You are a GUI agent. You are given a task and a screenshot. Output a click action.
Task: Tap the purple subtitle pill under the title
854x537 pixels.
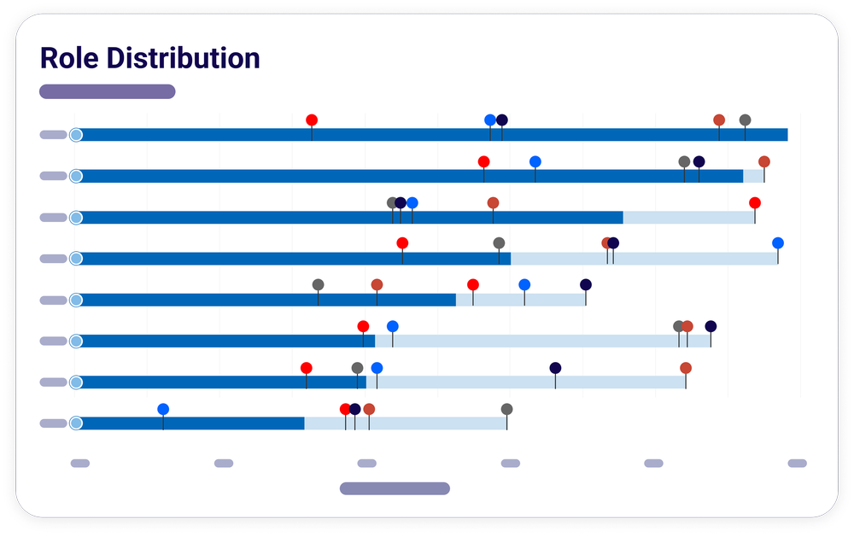[x=107, y=91]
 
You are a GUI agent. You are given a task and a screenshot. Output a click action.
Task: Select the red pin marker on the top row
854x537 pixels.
[x=312, y=120]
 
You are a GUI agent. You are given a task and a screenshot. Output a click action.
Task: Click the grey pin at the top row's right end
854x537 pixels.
[x=745, y=120]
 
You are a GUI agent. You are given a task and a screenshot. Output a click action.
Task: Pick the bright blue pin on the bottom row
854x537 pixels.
[x=163, y=409]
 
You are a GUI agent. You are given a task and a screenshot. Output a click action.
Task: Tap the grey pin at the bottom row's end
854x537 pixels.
[x=506, y=409]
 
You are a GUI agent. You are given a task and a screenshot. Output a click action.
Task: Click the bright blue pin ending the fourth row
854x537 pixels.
[x=778, y=243]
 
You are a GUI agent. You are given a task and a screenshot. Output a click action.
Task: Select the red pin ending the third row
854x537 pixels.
[x=755, y=202]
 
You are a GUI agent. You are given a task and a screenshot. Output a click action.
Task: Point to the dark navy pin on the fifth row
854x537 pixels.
[x=586, y=284]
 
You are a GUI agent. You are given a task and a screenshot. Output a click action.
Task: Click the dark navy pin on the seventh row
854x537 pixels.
[x=555, y=368]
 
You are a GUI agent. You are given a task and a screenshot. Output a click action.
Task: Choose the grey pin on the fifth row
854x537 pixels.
[x=318, y=284]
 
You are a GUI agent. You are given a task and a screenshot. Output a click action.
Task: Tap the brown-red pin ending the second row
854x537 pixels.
[x=764, y=161]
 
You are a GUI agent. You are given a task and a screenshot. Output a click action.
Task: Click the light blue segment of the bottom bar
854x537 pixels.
[x=405, y=423]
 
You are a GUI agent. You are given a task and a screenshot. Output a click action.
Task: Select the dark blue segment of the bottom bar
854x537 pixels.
[x=192, y=423]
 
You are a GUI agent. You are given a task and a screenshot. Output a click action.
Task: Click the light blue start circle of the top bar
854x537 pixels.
[x=76, y=135]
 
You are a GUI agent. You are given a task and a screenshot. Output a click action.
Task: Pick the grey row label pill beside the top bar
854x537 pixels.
[x=53, y=135]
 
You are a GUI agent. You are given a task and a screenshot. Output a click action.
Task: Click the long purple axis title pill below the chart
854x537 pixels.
[x=395, y=488]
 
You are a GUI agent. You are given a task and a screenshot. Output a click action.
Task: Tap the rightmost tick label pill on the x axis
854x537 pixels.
[x=797, y=464]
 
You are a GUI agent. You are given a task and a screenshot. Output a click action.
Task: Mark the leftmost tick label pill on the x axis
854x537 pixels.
[x=79, y=464]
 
